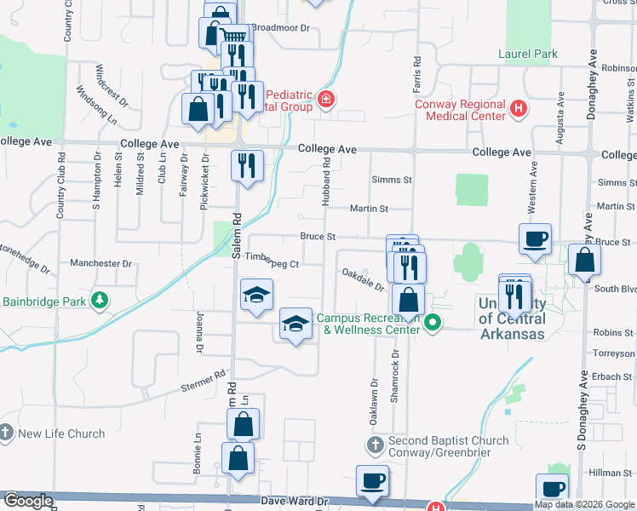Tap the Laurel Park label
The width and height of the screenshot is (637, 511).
coord(528,55)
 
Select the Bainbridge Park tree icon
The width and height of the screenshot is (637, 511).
coord(100,300)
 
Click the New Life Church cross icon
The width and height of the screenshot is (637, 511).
coord(7,433)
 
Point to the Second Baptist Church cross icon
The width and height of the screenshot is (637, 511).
coord(376,445)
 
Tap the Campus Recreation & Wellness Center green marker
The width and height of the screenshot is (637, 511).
coord(433,323)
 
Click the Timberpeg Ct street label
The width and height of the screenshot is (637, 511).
coord(271,264)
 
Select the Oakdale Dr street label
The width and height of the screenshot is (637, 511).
coord(364,278)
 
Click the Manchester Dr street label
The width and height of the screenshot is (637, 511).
coord(101,263)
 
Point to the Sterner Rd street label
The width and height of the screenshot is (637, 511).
coord(203,381)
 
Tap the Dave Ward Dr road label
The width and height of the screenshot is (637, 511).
coord(295,502)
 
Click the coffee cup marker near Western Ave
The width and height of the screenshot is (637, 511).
coord(535,239)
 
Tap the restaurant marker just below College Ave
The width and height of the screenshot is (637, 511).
coord(247,165)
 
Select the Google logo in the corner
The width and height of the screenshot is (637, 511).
coord(27,501)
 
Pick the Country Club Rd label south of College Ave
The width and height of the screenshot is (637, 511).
coord(60,187)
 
